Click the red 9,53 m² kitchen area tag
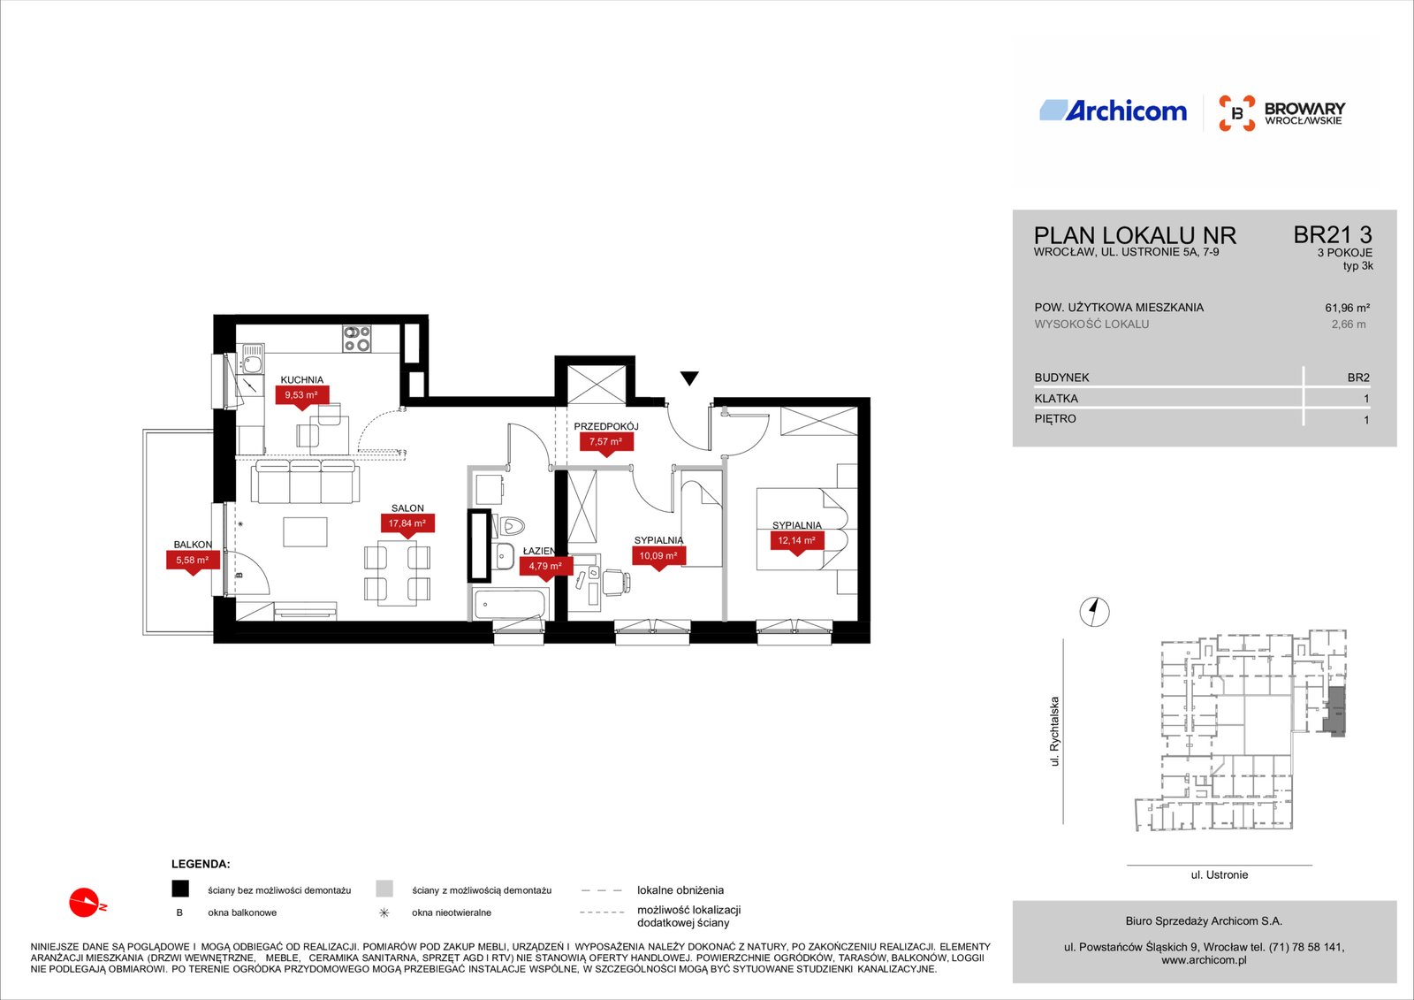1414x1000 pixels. [301, 395]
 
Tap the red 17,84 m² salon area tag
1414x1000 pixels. [407, 523]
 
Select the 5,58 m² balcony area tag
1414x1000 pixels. [193, 561]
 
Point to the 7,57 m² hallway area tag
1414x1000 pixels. [606, 441]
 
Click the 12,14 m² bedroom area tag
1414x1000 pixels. [796, 541]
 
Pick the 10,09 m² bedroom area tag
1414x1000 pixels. [658, 556]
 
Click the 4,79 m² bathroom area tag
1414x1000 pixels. [545, 566]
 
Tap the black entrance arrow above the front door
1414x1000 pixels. [689, 378]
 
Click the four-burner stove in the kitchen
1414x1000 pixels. [357, 339]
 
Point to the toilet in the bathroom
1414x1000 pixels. [511, 525]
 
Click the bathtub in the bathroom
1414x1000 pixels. [509, 604]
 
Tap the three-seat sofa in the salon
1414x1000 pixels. [306, 481]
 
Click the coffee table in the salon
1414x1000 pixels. [306, 532]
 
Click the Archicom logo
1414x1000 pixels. [1113, 111]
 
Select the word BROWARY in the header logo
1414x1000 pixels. [1304, 109]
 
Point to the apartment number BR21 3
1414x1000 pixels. [1333, 235]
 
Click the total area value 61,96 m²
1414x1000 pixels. [1347, 309]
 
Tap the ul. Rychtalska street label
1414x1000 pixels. [1054, 731]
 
